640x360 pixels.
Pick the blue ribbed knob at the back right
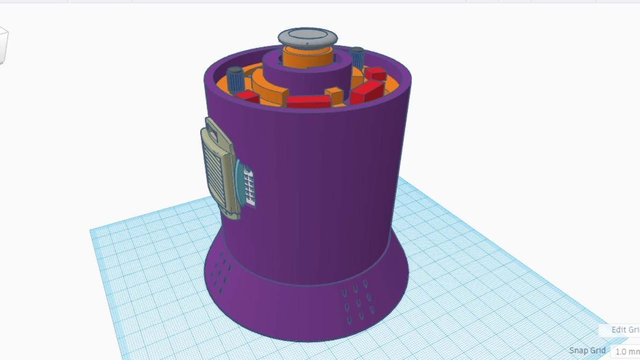(x=357, y=57)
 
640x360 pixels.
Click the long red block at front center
(x=308, y=101)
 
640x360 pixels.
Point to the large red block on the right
(x=367, y=91)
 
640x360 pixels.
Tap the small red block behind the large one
(x=375, y=74)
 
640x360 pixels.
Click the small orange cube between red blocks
(x=335, y=95)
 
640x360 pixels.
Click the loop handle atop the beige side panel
(x=214, y=129)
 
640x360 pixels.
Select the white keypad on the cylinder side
(x=249, y=187)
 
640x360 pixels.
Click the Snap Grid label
(x=587, y=351)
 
